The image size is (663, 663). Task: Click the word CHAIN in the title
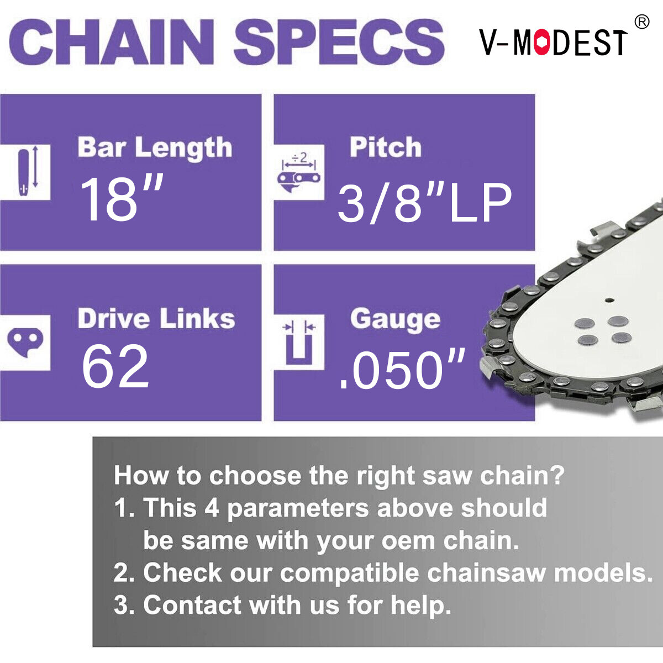(111, 43)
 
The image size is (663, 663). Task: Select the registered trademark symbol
(641, 22)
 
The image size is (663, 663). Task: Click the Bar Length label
(155, 148)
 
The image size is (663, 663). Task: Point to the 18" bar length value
(122, 198)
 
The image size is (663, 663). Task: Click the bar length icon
(27, 172)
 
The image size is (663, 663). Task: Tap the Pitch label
(386, 147)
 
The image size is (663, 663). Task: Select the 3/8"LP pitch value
(424, 203)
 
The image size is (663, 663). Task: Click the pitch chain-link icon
(299, 172)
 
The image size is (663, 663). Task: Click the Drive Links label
(156, 319)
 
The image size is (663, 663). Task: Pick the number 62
(115, 366)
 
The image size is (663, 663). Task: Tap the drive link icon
(25, 342)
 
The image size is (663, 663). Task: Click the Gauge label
(395, 319)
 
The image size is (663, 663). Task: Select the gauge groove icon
(299, 342)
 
